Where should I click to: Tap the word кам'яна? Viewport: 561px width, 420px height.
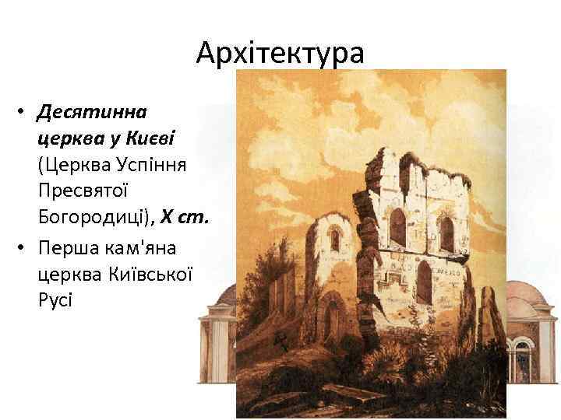146,247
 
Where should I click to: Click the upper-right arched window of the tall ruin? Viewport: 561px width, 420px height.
446,233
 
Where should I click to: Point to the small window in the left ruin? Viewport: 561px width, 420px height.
334,240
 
